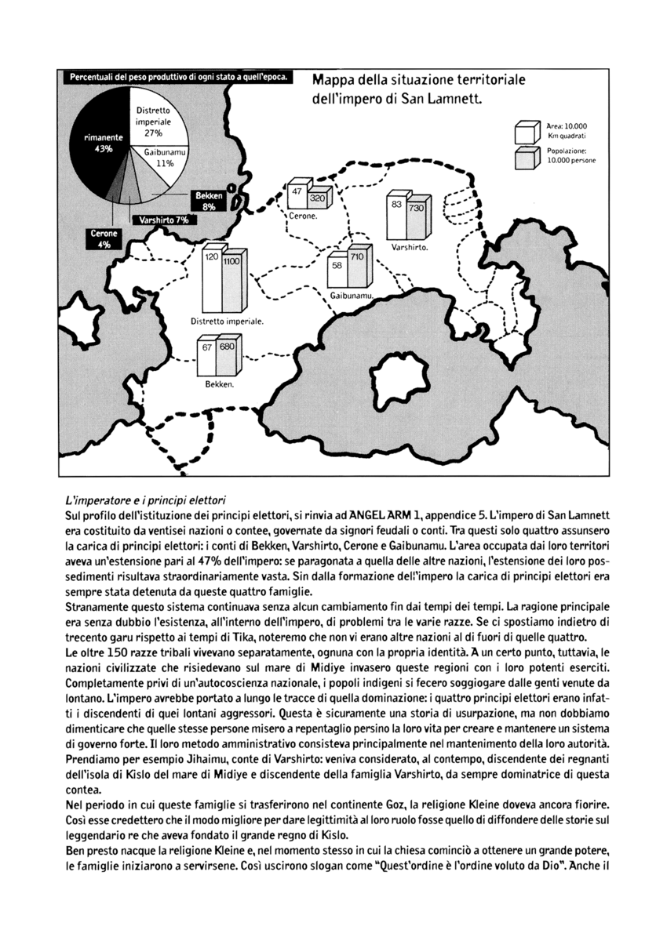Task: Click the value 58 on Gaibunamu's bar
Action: (x=337, y=267)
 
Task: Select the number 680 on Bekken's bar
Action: (x=228, y=347)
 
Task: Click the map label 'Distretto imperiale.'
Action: (x=227, y=322)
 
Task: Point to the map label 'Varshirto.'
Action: (x=409, y=247)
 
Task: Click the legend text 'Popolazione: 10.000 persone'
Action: (x=570, y=156)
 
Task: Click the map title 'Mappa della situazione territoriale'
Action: (x=418, y=80)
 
